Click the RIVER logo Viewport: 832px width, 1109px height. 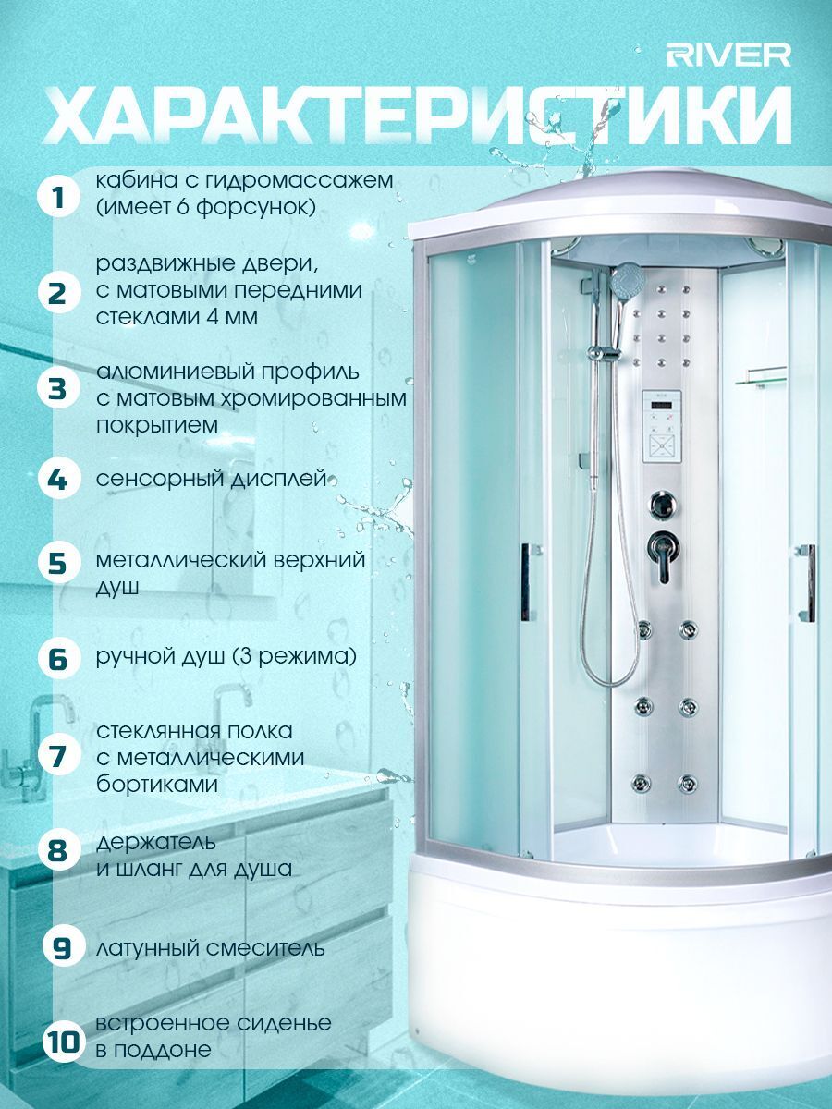tap(728, 55)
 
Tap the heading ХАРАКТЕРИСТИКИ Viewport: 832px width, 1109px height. tap(418, 116)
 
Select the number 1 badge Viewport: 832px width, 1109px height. tap(58, 197)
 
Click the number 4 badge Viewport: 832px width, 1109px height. tap(58, 478)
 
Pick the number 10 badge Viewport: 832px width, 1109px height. tap(63, 1042)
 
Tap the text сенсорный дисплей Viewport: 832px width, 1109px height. tap(211, 479)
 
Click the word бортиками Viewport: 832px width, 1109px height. tap(157, 785)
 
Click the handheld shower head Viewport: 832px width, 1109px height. tap(627, 280)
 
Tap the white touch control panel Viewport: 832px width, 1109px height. tap(662, 426)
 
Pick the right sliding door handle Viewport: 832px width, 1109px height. tap(809, 582)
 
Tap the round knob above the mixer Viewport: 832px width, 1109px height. tap(662, 504)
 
